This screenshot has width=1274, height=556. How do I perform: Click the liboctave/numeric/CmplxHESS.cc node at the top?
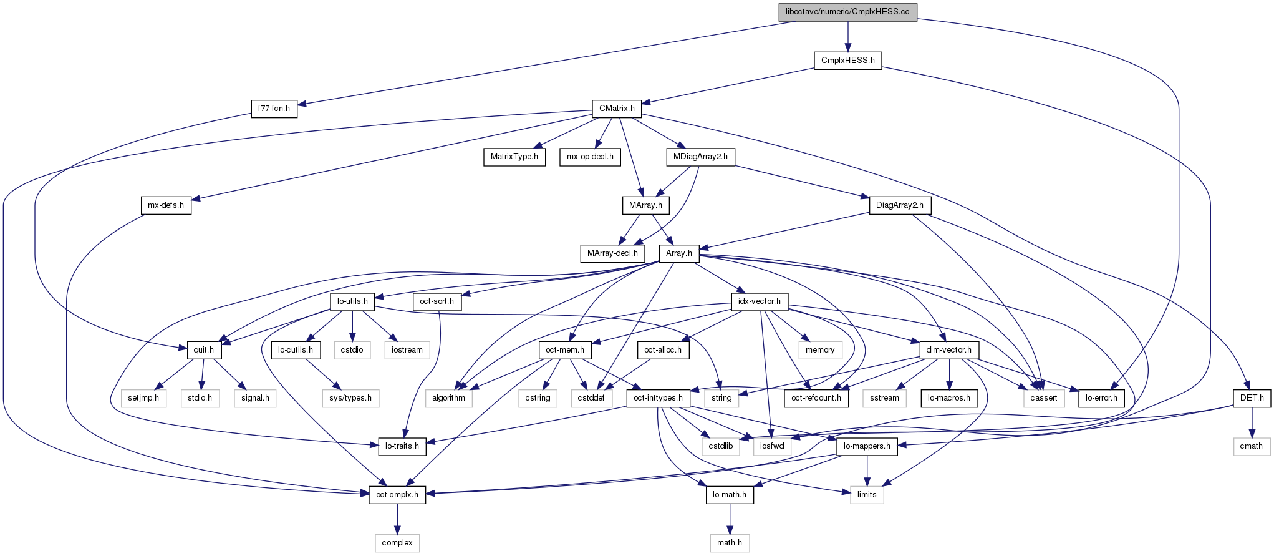847,12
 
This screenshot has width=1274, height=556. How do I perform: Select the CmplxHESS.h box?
847,61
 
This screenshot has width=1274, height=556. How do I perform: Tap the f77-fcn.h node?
274,109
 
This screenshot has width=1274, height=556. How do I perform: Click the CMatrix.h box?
617,109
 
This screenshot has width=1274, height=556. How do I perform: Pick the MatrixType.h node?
514,157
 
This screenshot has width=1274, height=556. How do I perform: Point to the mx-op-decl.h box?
590,157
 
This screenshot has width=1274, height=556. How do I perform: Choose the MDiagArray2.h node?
700,157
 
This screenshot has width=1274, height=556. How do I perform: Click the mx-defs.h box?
166,205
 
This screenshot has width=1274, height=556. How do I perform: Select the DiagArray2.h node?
899,205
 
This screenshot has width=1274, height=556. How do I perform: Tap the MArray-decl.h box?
612,253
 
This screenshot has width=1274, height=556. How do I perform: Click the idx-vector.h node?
759,301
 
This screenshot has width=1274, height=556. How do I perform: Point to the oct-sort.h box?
437,301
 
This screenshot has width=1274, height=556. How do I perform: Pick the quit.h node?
204,350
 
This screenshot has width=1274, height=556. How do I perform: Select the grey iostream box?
407,350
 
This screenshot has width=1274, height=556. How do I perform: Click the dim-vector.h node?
948,350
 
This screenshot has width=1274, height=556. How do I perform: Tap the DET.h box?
1252,398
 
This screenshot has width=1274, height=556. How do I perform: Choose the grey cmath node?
1251,446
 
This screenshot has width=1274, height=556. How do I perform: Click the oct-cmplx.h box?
397,495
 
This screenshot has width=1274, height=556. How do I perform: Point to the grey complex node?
397,543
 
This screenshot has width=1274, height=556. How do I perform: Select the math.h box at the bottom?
730,543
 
